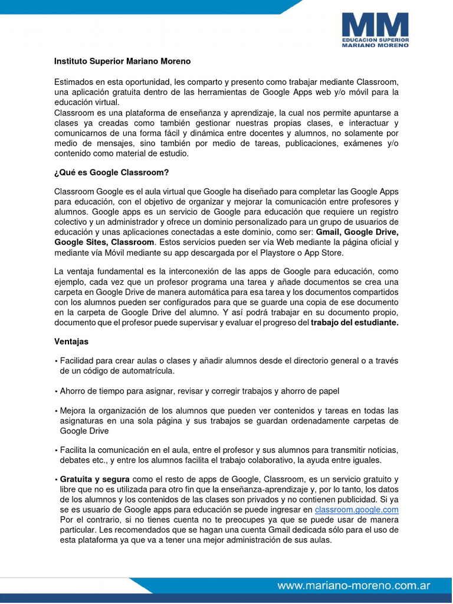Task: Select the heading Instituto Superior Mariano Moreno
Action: (122, 61)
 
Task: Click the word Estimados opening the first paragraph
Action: (75, 81)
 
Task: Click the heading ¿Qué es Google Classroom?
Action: (111, 173)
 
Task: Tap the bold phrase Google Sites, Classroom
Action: (104, 242)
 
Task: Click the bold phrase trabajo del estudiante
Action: (354, 323)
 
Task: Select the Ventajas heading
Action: (71, 342)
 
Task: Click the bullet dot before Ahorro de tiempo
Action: (56, 391)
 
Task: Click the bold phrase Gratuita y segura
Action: (95, 480)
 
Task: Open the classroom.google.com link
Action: (357, 510)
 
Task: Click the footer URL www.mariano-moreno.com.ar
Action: (354, 586)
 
